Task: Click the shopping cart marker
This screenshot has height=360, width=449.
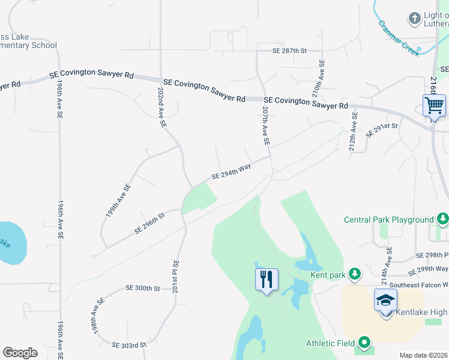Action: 434,106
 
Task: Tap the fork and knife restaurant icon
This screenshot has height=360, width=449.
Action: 267,280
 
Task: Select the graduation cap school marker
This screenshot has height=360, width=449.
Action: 385,299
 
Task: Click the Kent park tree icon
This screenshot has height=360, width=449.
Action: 355,274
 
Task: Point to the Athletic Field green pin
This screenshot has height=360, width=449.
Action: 364,343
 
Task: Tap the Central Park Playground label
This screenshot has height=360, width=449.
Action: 388,220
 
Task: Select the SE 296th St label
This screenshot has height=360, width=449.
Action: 149,222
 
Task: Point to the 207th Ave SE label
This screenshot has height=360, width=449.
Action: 265,127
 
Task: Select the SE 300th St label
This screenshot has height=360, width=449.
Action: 143,289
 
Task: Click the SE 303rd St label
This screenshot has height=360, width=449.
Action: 129,345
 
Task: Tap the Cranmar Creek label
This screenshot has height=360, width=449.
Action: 399,38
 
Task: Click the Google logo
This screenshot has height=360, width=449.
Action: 20,353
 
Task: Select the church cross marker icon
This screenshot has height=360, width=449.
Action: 414,19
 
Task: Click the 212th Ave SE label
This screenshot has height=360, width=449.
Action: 354,131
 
